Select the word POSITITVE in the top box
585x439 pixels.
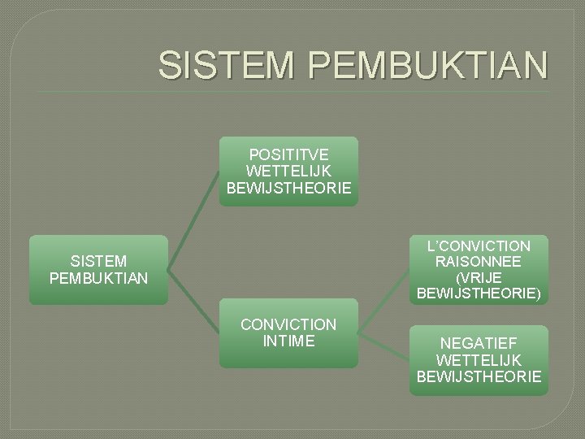[x=288, y=154]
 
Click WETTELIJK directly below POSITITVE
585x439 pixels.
[x=288, y=171]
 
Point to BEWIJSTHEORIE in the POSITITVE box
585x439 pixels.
[x=288, y=188]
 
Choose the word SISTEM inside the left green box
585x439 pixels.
[x=98, y=262]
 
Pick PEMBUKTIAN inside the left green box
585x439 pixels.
[x=98, y=279]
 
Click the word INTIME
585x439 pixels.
[x=288, y=341]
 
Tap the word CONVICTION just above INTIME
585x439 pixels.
[x=288, y=325]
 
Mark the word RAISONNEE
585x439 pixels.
[x=479, y=262]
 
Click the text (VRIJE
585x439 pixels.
[x=479, y=278]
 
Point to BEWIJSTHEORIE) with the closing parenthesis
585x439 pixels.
[x=479, y=293]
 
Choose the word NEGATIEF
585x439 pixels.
[x=479, y=343]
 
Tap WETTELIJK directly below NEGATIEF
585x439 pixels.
[x=479, y=359]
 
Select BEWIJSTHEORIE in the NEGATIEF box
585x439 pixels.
[x=479, y=376]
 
